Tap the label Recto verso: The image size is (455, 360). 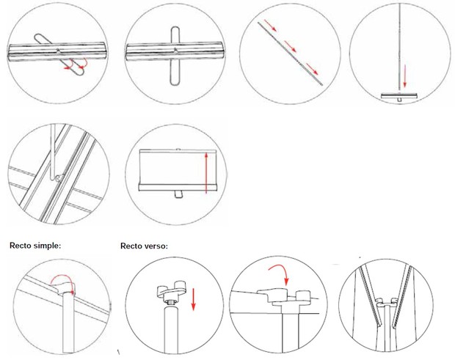coord(145,246)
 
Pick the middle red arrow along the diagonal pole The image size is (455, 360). coord(291,48)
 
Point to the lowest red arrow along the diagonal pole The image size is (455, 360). coord(313,70)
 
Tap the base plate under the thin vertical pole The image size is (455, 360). coord(399,95)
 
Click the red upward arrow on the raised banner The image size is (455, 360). coord(208,172)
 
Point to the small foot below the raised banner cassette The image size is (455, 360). coord(178,194)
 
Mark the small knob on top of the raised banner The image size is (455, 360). coord(178,148)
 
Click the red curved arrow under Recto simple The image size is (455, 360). coord(59,276)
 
